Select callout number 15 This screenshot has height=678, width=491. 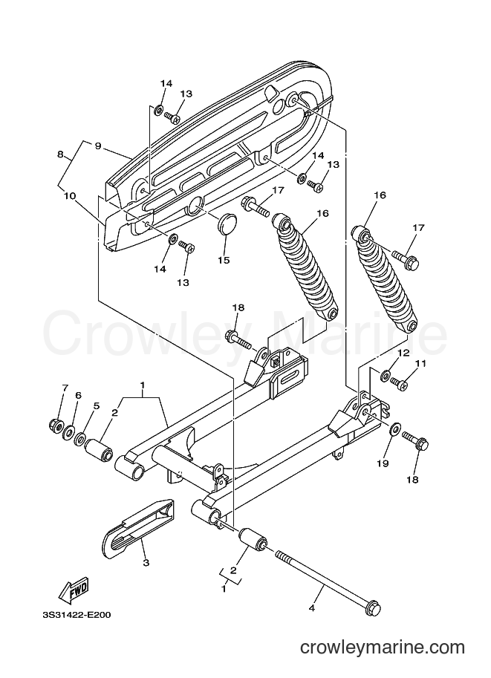click(x=224, y=260)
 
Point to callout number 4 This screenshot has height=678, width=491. click(x=311, y=608)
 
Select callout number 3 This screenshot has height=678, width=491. click(x=146, y=563)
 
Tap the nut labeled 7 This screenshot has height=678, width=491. click(x=56, y=425)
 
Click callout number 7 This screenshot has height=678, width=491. click(x=65, y=388)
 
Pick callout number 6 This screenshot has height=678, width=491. click(x=78, y=395)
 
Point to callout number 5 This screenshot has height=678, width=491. click(x=97, y=405)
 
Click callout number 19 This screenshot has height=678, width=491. click(x=383, y=463)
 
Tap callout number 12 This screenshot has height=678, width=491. click(x=403, y=353)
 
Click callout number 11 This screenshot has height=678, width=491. click(x=421, y=364)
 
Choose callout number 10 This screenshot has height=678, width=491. click(x=70, y=196)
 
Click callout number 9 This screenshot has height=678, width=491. click(x=98, y=146)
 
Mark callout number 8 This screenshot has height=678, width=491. click(x=60, y=154)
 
